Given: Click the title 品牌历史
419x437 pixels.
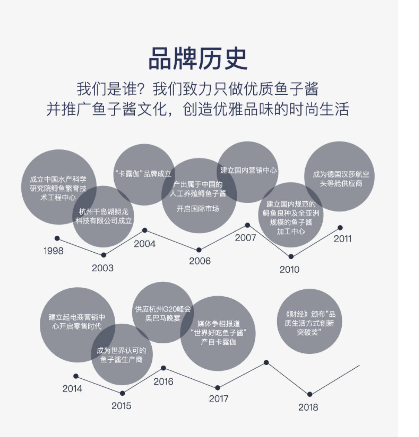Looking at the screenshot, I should click(198, 59).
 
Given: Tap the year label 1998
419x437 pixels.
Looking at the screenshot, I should click(53, 251).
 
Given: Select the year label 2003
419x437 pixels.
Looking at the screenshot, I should click(103, 268).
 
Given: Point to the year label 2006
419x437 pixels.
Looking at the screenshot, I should click(200, 261).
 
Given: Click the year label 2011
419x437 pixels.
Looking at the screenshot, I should click(342, 239).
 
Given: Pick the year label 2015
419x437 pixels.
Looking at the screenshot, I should click(121, 406).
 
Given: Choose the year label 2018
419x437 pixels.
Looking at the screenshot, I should click(308, 407).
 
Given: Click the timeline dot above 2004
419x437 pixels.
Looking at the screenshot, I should click(145, 230).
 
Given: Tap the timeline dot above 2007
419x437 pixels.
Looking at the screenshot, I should click(247, 225).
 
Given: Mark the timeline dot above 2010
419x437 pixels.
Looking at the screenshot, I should click(291, 256).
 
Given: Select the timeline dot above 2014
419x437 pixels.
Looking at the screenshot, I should click(76, 376).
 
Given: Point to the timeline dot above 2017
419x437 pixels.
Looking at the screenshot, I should click(218, 388).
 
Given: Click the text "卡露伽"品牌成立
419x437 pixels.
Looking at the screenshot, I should click(144, 174).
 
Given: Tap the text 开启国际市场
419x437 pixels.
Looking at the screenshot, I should click(198, 209).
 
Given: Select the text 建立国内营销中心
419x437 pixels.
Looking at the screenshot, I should click(248, 170).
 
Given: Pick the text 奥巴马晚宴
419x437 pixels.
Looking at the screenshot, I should click(163, 318).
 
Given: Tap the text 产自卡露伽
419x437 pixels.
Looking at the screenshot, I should click(218, 342).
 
